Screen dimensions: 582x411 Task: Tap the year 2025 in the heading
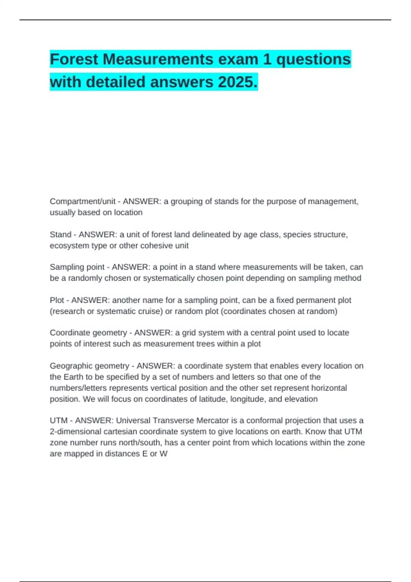[235, 82]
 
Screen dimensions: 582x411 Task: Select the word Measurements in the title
[158, 60]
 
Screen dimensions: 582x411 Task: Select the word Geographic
[71, 366]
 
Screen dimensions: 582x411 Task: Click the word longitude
[248, 399]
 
